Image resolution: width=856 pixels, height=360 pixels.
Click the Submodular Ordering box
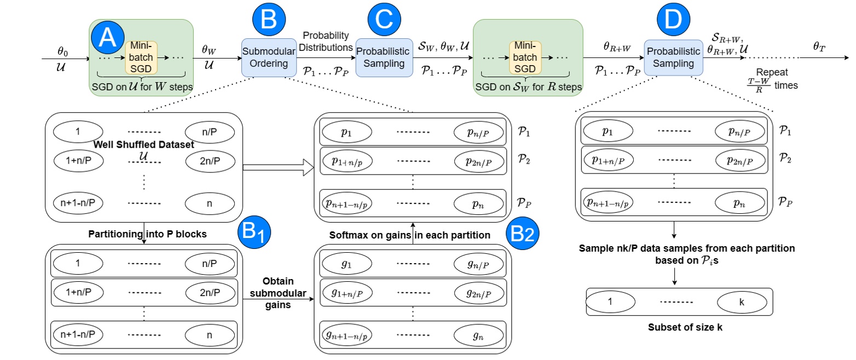coord(265,57)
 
